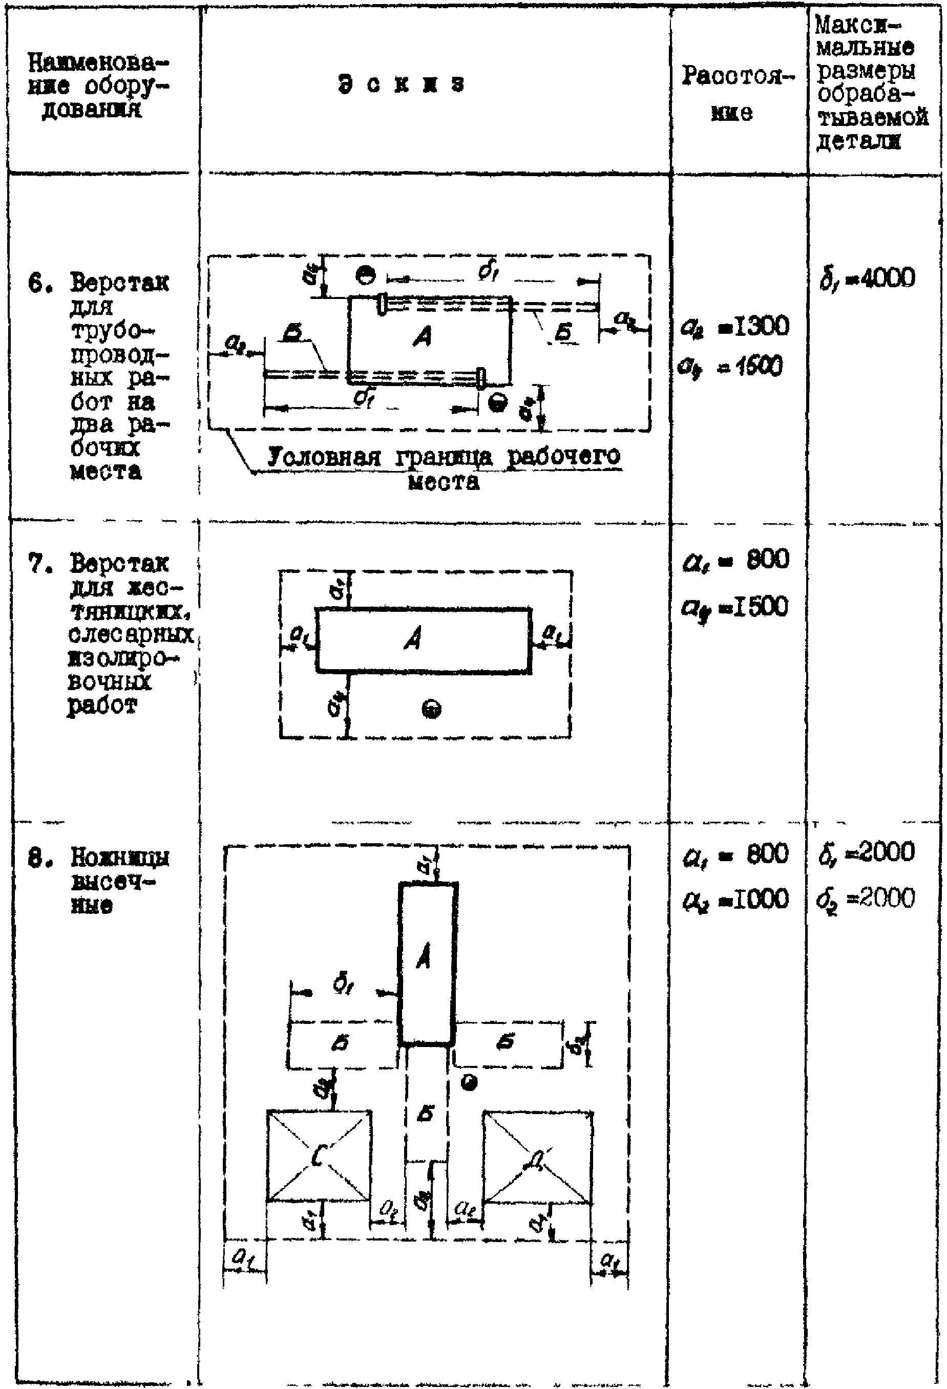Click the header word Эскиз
click(401, 83)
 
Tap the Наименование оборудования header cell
click(99, 86)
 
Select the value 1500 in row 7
click(759, 607)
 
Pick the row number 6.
click(35, 283)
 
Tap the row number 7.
click(35, 563)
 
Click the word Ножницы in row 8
click(119, 858)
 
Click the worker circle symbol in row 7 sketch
click(432, 710)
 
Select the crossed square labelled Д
click(537, 1157)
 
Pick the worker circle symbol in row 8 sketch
click(470, 1082)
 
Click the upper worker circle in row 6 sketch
click(365, 275)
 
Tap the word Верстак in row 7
click(119, 563)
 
